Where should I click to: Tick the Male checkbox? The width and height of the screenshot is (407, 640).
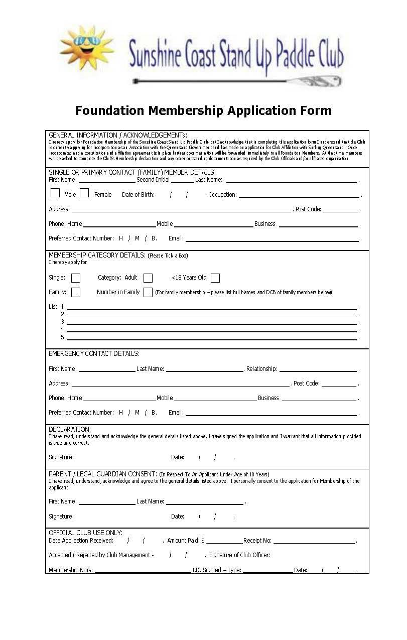[x=55, y=193]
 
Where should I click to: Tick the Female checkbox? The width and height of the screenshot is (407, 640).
[x=84, y=193]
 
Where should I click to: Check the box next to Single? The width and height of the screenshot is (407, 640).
[x=76, y=278]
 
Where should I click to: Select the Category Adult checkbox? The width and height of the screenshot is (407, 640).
[x=148, y=278]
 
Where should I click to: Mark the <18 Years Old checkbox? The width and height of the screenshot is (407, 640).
[x=215, y=278]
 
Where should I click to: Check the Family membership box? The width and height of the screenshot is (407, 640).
[x=76, y=292]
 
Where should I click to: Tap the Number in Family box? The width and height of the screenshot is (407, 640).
[x=148, y=292]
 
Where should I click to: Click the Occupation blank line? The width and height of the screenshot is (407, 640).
[x=299, y=196]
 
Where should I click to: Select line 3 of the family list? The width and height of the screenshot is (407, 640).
[x=212, y=322]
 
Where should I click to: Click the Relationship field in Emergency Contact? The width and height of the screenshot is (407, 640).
[x=318, y=370]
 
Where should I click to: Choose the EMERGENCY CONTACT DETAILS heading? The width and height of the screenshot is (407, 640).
[x=94, y=354]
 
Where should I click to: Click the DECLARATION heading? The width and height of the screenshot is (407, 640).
[x=70, y=429]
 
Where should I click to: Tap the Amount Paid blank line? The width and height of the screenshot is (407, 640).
[x=224, y=542]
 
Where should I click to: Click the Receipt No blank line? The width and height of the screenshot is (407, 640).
[x=314, y=542]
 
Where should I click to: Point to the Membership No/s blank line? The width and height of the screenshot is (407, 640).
[x=143, y=571]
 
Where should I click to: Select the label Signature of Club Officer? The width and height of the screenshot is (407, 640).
[x=240, y=555]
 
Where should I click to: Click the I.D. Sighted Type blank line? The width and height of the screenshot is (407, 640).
[x=267, y=571]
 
